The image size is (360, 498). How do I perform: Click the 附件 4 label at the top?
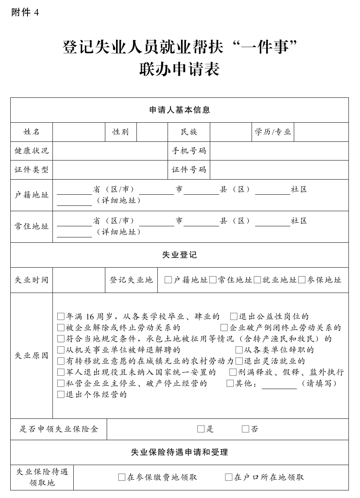click(25, 13)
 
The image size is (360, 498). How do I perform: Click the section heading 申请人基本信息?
click(180, 110)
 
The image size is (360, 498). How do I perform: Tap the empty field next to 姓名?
click(78, 132)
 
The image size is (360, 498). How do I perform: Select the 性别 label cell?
click(120, 132)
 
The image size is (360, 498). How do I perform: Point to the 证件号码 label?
click(189, 170)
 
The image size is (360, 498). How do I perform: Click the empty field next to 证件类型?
click(110, 170)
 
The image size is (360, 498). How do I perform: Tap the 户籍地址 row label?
click(32, 195)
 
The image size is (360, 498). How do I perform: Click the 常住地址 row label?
click(32, 226)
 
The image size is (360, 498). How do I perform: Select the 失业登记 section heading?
click(180, 255)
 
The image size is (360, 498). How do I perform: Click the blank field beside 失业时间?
click(78, 280)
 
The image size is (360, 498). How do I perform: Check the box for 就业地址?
click(257, 280)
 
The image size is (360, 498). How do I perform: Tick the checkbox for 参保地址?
click(302, 280)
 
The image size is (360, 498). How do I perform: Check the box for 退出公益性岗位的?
click(234, 317)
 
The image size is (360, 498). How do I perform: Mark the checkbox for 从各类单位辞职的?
click(239, 350)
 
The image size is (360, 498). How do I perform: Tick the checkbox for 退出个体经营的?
click(61, 394)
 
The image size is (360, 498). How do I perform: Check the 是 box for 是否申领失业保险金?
click(201, 429)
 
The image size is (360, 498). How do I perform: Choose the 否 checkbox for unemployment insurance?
click(245, 429)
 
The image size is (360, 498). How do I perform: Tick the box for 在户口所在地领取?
click(229, 478)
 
